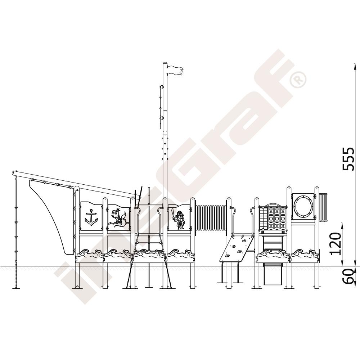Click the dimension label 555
point(348,159)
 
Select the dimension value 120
point(336,244)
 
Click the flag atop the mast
point(175,70)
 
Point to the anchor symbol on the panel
point(91,218)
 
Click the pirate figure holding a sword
point(179,220)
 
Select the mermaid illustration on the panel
point(119,218)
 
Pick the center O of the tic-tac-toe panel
point(276,218)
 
